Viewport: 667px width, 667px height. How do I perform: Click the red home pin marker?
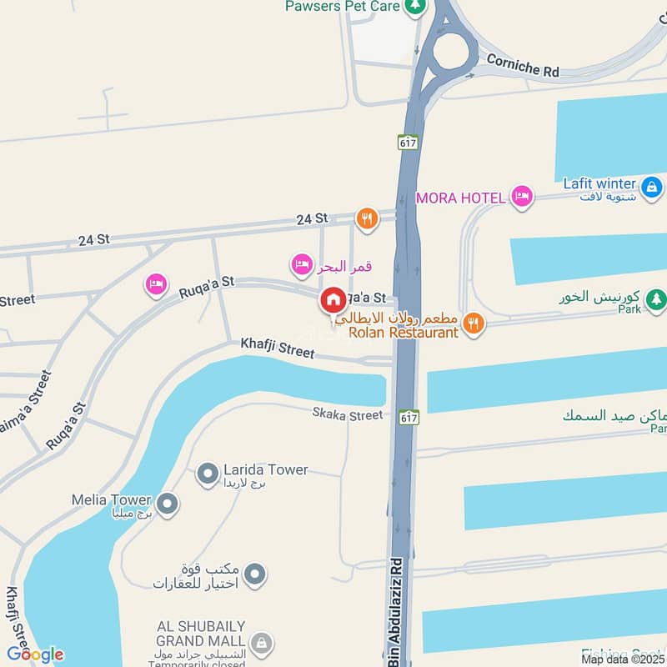pyautogui.click(x=333, y=300)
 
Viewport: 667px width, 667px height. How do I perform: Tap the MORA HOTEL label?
pyautogui.click(x=461, y=198)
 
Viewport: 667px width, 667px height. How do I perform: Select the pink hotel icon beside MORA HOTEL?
pyautogui.click(x=522, y=197)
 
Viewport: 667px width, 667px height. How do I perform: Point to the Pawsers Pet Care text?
pyautogui.click(x=344, y=7)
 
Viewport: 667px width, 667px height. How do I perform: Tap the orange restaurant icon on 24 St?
pyautogui.click(x=367, y=219)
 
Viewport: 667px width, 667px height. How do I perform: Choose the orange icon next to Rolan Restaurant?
pyautogui.click(x=474, y=323)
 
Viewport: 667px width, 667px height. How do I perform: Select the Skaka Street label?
pyautogui.click(x=348, y=414)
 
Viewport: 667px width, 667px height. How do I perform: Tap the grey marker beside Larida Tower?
pyautogui.click(x=207, y=475)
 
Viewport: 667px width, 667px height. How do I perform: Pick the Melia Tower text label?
pyautogui.click(x=111, y=500)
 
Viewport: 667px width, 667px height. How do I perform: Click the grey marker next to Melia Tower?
pyautogui.click(x=168, y=504)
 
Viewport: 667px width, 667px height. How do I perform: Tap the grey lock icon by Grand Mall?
pyautogui.click(x=262, y=643)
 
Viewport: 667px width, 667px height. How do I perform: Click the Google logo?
pyautogui.click(x=35, y=654)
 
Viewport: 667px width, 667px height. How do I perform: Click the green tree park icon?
pyautogui.click(x=657, y=298)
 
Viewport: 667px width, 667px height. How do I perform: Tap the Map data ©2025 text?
pyautogui.click(x=624, y=659)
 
